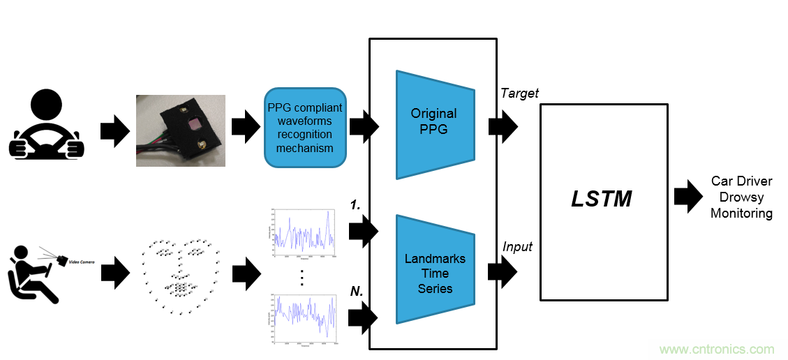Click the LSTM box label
click(602, 200)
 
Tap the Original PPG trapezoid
click(434, 123)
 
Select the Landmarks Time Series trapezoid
click(434, 273)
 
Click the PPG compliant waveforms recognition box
click(305, 128)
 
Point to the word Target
click(519, 93)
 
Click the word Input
click(517, 246)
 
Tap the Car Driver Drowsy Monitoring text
click(741, 197)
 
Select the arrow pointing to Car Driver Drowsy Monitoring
click(688, 197)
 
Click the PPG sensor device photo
click(180, 130)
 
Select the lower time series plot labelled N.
click(303, 318)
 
